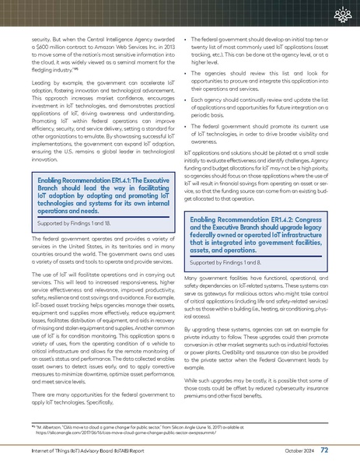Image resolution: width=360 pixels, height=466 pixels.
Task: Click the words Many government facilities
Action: [225, 278]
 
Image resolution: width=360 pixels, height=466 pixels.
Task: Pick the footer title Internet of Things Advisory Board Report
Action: [84, 450]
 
